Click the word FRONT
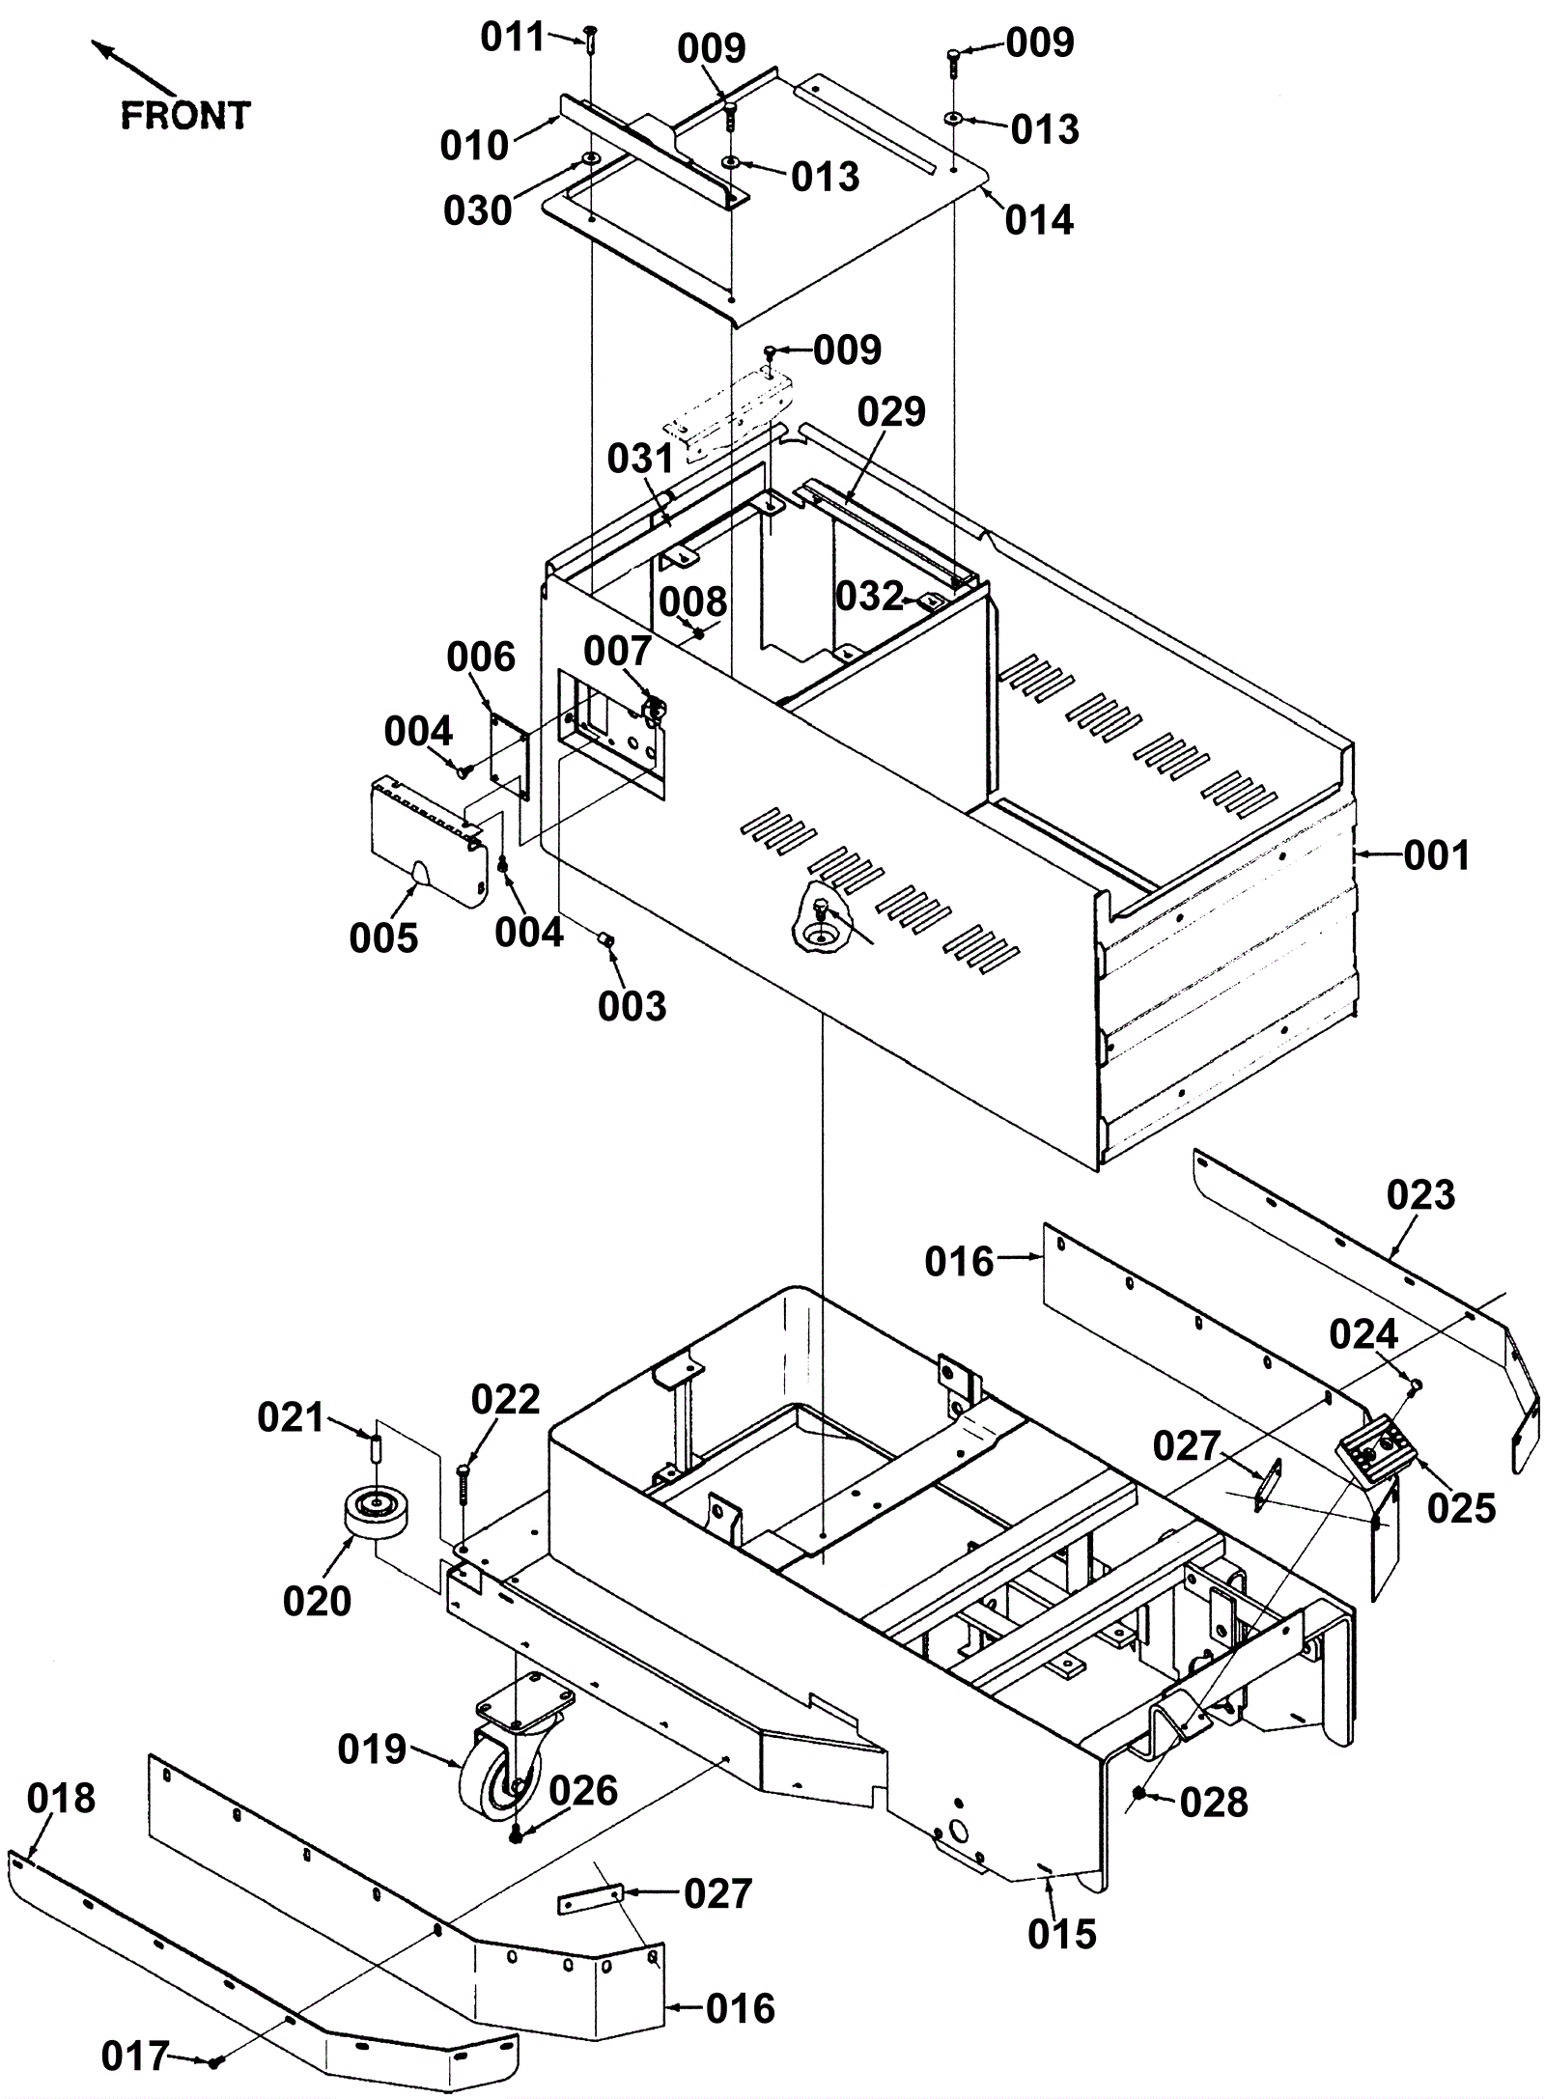click(x=185, y=116)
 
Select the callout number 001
click(x=1436, y=855)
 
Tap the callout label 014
click(x=1039, y=221)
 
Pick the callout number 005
click(x=383, y=938)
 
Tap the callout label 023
click(x=1420, y=1195)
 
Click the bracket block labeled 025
click(x=1376, y=1459)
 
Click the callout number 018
click(x=61, y=1799)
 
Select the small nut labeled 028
click(x=1139, y=1793)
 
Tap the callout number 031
click(x=641, y=459)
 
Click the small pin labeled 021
click(x=378, y=1449)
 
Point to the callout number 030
click(x=477, y=210)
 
